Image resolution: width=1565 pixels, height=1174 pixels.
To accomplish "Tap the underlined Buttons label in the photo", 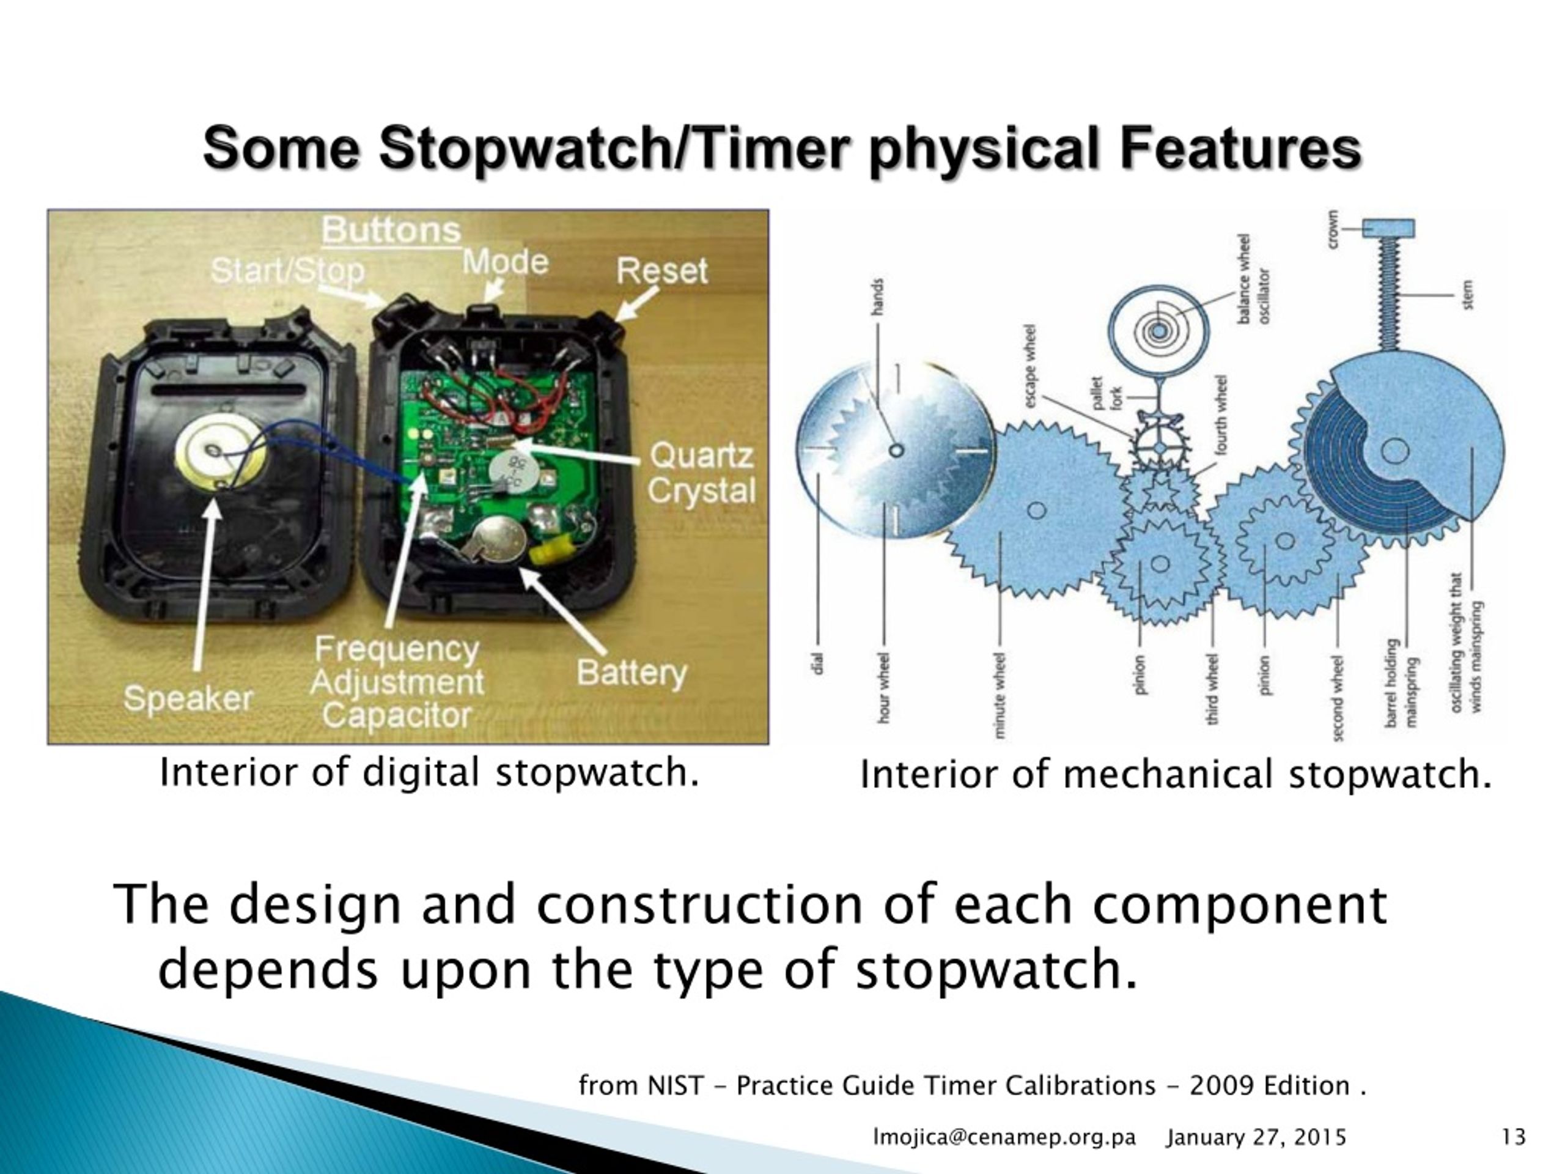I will pyautogui.click(x=391, y=231).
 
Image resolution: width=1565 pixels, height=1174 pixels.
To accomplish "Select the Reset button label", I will pyautogui.click(x=661, y=271).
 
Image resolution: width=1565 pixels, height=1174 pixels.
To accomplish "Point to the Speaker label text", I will pyautogui.click(x=188, y=699).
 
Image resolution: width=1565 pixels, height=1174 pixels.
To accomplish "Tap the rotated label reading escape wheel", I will pyautogui.click(x=1031, y=366).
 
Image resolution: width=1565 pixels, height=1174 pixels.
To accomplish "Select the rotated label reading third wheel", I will pyautogui.click(x=1213, y=690).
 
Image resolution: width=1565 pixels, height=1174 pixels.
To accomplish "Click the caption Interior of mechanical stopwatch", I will pyautogui.click(x=1175, y=774).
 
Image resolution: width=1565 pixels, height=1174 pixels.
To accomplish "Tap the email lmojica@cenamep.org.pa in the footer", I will pyautogui.click(x=1004, y=1137).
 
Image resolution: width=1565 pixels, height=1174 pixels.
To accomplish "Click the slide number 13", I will pyautogui.click(x=1512, y=1137).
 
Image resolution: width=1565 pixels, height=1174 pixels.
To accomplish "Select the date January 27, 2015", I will pyautogui.click(x=1256, y=1137).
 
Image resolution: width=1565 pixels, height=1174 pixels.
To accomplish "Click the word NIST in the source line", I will pyautogui.click(x=676, y=1085).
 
